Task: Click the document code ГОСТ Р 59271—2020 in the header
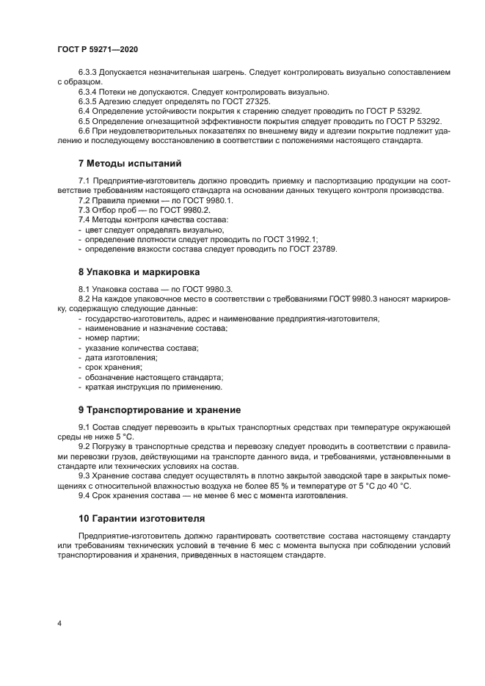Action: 98,48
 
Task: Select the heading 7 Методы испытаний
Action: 130,162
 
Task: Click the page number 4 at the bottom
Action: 59,623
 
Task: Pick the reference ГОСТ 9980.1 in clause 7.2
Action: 190,200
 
